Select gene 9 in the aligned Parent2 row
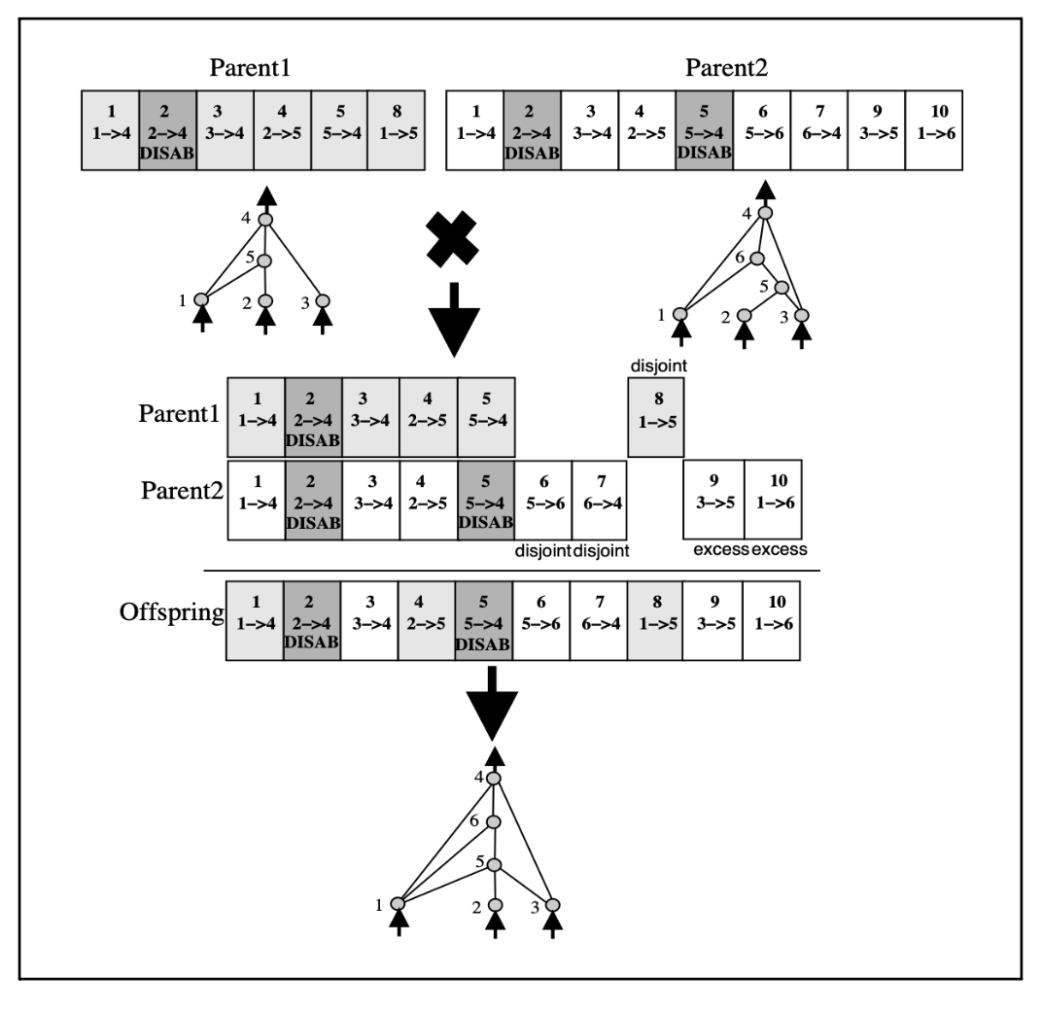[x=714, y=498]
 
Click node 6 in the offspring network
[x=494, y=822]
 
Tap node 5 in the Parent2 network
[x=778, y=287]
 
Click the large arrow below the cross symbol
[x=455, y=321]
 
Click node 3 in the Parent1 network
[x=323, y=299]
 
